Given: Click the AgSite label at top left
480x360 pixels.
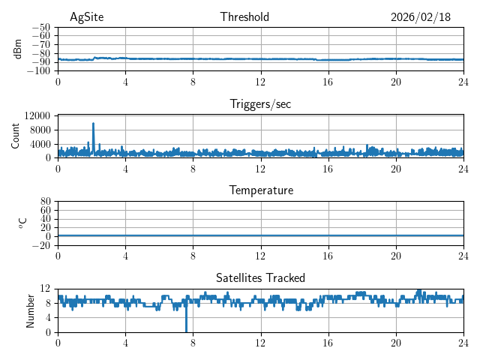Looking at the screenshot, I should coord(86,17).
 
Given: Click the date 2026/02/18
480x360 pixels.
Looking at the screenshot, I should coord(421,17).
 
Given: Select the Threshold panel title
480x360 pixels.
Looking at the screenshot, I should coord(244,17).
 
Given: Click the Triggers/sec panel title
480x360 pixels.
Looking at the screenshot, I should coord(260,104).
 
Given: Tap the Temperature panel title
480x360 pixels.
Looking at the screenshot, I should coord(260,190).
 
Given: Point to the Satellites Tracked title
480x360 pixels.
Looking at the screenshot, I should coord(260,277).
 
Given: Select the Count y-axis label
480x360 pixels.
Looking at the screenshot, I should coord(16,136).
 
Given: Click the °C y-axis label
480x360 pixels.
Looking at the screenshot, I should coord(22,223).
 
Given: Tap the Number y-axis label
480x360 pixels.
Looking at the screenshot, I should coord(31,310).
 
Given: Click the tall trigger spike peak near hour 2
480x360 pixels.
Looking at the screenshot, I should coord(93,123).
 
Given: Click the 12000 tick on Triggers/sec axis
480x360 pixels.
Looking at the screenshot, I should coord(37,115).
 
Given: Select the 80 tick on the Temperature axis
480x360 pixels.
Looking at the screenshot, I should coord(46,202).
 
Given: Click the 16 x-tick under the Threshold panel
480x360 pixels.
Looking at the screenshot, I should coord(328,82).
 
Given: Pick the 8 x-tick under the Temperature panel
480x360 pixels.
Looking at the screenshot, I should coord(193,256).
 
